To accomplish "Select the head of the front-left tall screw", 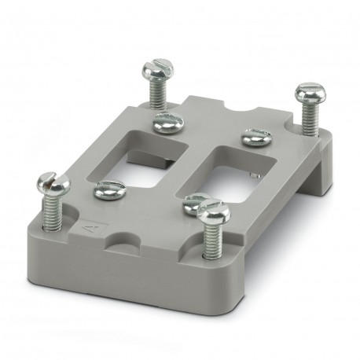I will [x=53, y=186].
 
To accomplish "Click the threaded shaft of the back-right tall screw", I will [x=309, y=118].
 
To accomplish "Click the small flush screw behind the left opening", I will [x=167, y=121].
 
